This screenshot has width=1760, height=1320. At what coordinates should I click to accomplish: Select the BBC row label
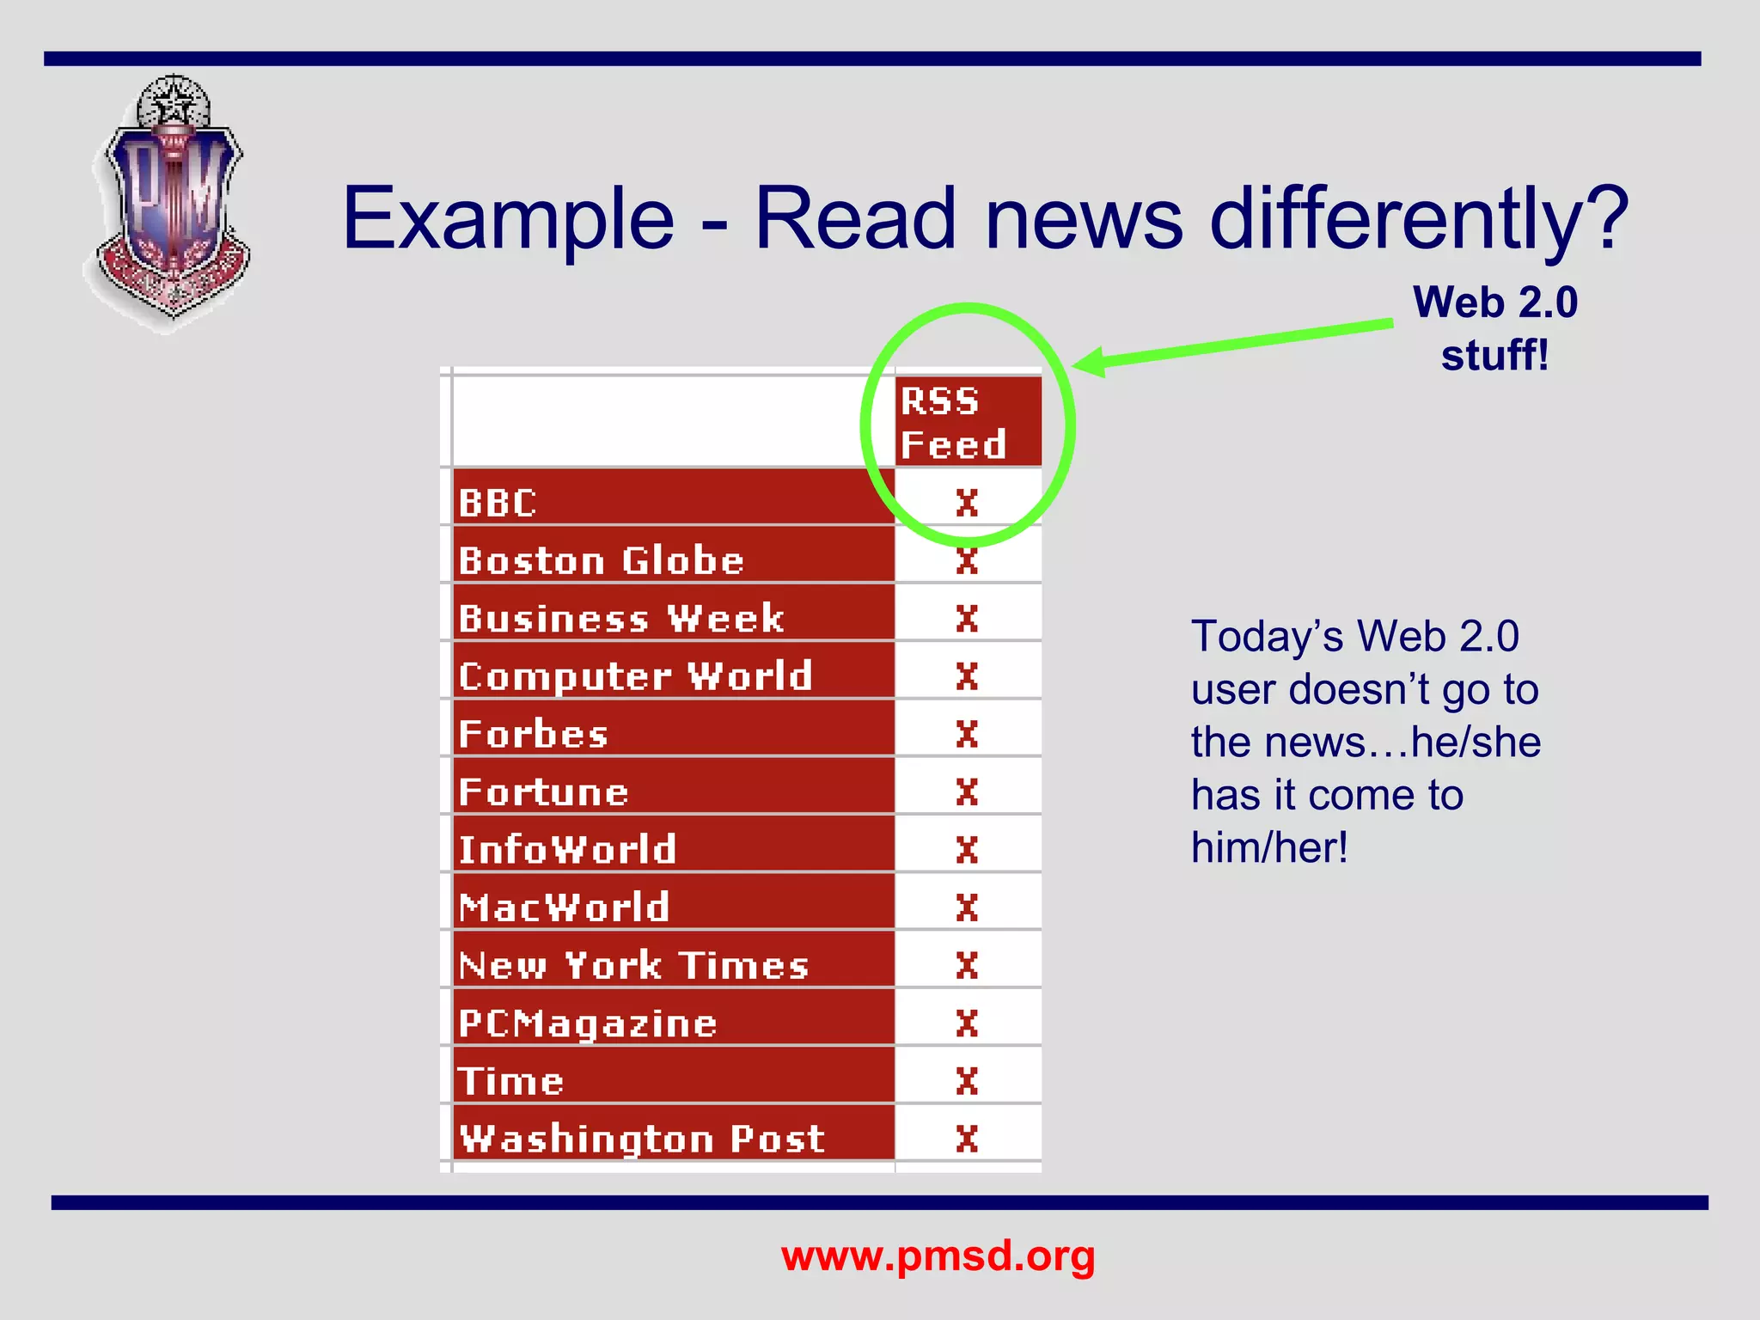click(498, 503)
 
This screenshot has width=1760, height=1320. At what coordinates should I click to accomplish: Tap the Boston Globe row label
click(601, 560)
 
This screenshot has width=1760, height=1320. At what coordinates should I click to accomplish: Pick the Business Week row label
click(620, 618)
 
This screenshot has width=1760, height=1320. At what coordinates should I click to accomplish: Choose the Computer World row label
click(635, 676)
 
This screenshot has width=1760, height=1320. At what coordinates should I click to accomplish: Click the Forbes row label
click(533, 734)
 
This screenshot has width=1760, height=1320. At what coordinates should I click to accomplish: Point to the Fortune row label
click(543, 791)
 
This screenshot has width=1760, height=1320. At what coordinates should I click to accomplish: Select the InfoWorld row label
click(567, 849)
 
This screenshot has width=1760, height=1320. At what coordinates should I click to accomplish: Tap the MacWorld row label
click(564, 907)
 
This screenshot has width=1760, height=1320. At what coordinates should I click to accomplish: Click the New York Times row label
click(633, 965)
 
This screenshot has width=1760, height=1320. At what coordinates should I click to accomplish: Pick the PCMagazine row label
click(587, 1024)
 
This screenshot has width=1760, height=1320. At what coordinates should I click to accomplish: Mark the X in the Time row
click(967, 1081)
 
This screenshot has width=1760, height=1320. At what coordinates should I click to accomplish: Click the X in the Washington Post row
click(967, 1139)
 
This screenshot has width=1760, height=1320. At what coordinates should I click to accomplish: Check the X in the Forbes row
click(967, 734)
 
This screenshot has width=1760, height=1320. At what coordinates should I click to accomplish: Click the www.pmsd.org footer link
click(938, 1256)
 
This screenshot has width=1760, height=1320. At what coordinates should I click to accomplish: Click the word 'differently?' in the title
click(1418, 220)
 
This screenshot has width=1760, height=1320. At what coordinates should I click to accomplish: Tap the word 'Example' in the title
click(508, 220)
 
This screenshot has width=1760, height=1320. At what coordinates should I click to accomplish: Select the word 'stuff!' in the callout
click(1494, 355)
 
